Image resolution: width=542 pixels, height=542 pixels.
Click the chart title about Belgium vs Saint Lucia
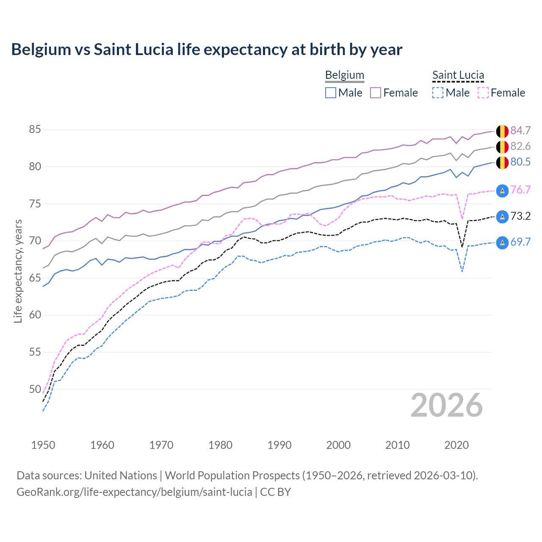click(207, 50)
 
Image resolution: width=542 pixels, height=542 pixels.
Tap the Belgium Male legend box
click(331, 93)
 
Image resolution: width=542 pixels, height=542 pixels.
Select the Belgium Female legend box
click(376, 93)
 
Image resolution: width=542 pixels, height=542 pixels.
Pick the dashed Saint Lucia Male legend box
click(438, 93)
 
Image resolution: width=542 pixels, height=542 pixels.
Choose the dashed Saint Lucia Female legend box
click(483, 93)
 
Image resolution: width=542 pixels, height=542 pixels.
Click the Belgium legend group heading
click(344, 75)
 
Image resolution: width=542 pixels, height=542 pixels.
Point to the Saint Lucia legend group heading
click(458, 75)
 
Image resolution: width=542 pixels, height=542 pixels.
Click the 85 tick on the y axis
click(35, 130)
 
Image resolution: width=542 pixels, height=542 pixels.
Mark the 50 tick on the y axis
click(35, 389)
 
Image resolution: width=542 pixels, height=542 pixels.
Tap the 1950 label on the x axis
click(43, 445)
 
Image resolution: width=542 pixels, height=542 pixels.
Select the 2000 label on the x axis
click(338, 445)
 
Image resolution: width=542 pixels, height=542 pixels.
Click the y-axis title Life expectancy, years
click(18, 271)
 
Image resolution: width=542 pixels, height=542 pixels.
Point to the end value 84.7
click(520, 131)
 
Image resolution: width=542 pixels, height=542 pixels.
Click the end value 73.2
click(520, 216)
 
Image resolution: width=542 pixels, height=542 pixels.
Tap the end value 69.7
click(520, 242)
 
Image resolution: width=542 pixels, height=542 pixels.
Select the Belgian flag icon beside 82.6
click(502, 147)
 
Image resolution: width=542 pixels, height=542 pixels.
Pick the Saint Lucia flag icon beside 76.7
click(502, 191)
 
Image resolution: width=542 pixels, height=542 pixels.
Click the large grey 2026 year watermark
click(446, 405)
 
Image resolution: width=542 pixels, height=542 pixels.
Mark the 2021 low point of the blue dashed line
click(462, 271)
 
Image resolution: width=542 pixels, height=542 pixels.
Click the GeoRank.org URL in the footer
click(134, 492)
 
